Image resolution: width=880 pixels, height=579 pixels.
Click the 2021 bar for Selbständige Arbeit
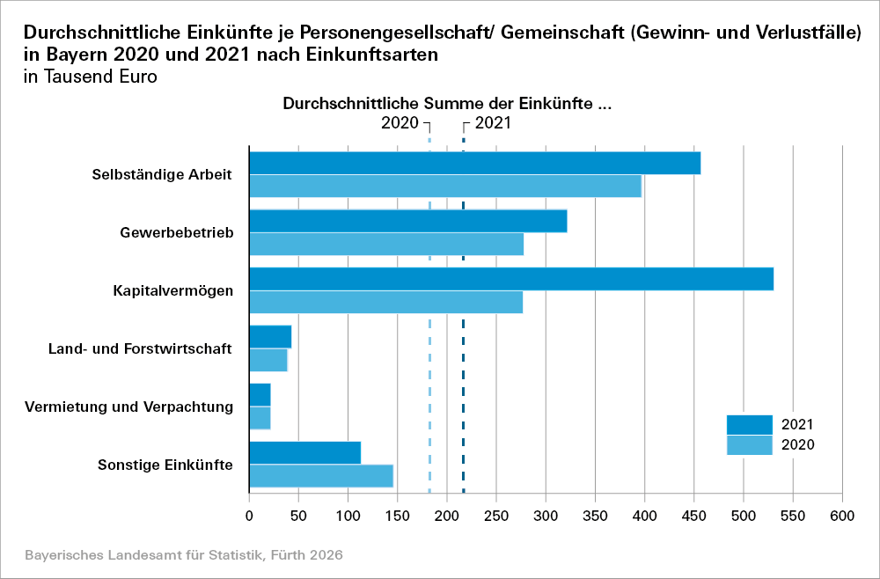point(475,163)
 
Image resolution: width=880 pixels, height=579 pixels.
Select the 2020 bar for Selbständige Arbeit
point(445,187)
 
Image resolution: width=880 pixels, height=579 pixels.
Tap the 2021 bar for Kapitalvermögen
point(511,279)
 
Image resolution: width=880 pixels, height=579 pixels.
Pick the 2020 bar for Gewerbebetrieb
point(386,245)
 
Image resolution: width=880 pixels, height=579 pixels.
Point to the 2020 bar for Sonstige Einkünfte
point(321,476)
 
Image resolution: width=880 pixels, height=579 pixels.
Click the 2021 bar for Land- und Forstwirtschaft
point(270,336)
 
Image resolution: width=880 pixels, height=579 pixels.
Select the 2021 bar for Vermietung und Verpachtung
point(260,394)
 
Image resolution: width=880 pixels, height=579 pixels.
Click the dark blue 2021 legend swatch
point(749,425)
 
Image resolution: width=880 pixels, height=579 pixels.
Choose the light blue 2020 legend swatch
point(749,445)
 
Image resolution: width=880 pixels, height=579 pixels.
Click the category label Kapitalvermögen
point(172,290)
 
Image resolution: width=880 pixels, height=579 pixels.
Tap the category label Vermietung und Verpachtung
point(128,407)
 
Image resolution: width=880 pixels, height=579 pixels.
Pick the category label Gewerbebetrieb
point(176,232)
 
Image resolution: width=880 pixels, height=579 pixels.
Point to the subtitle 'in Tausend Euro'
point(91,77)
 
